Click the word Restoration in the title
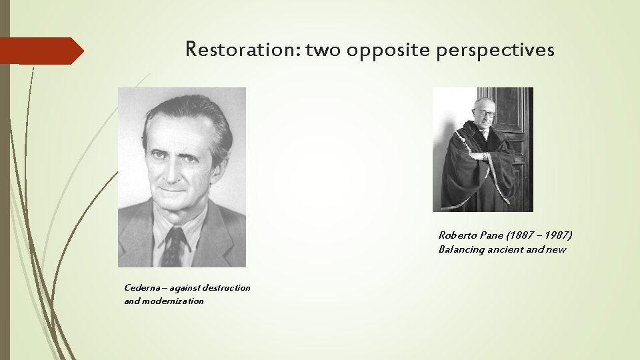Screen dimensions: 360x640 (243, 49)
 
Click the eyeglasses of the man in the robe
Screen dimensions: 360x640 (486, 114)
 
